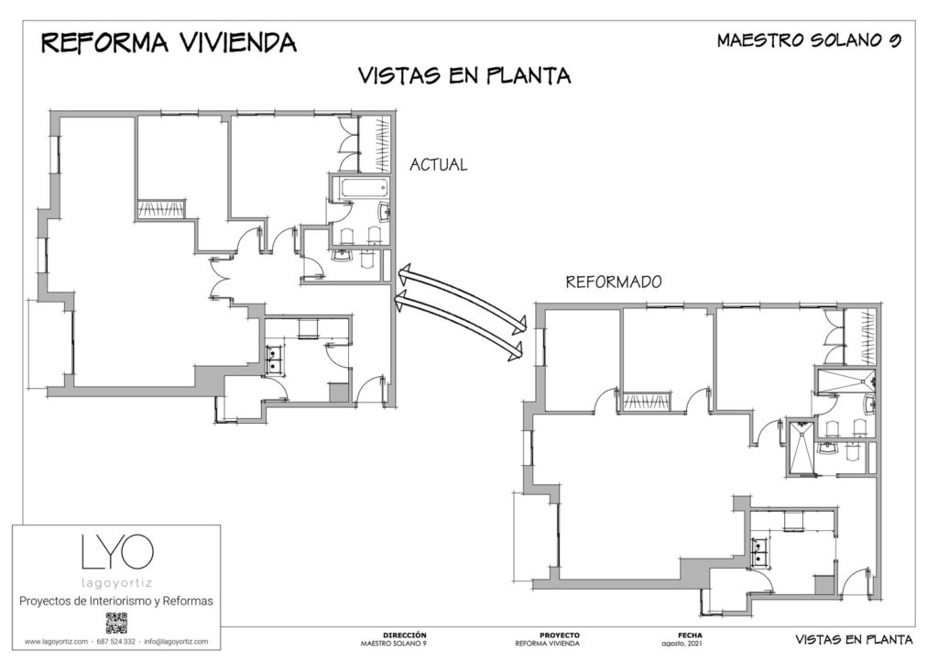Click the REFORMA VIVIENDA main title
(169, 42)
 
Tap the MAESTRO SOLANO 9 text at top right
(809, 40)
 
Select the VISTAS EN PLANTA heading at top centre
(464, 75)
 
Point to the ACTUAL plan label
(439, 165)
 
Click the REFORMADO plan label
(614, 282)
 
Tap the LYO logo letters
(117, 552)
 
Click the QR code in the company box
(116, 623)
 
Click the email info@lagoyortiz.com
(176, 641)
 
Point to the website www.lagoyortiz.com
(56, 641)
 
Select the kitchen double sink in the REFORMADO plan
(760, 552)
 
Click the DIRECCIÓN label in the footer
(405, 636)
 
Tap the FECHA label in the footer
(690, 636)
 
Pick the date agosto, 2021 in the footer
(682, 644)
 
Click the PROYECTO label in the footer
(560, 636)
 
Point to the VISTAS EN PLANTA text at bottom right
(854, 639)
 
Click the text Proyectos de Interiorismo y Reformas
(116, 601)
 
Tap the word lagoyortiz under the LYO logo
(116, 582)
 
